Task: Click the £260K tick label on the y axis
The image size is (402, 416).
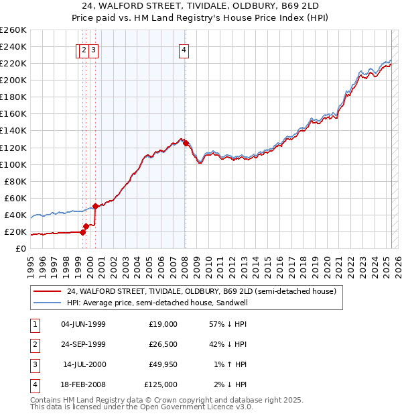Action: coord(13,30)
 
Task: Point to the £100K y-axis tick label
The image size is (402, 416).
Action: coord(13,164)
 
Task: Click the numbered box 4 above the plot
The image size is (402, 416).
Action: coord(183,49)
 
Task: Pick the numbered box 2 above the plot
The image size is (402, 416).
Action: coord(83,49)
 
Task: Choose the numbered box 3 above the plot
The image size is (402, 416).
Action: coord(94,49)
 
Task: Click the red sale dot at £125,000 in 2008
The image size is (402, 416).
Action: coord(186,142)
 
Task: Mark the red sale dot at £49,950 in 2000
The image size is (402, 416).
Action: coord(95,206)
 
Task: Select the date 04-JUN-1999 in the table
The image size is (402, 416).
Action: coord(83,324)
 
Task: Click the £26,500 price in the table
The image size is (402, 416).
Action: coord(161,344)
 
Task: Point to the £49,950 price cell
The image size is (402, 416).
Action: coord(161,364)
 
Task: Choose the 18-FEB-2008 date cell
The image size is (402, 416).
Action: coord(83,384)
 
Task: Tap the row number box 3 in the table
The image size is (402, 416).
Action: coord(34,364)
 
